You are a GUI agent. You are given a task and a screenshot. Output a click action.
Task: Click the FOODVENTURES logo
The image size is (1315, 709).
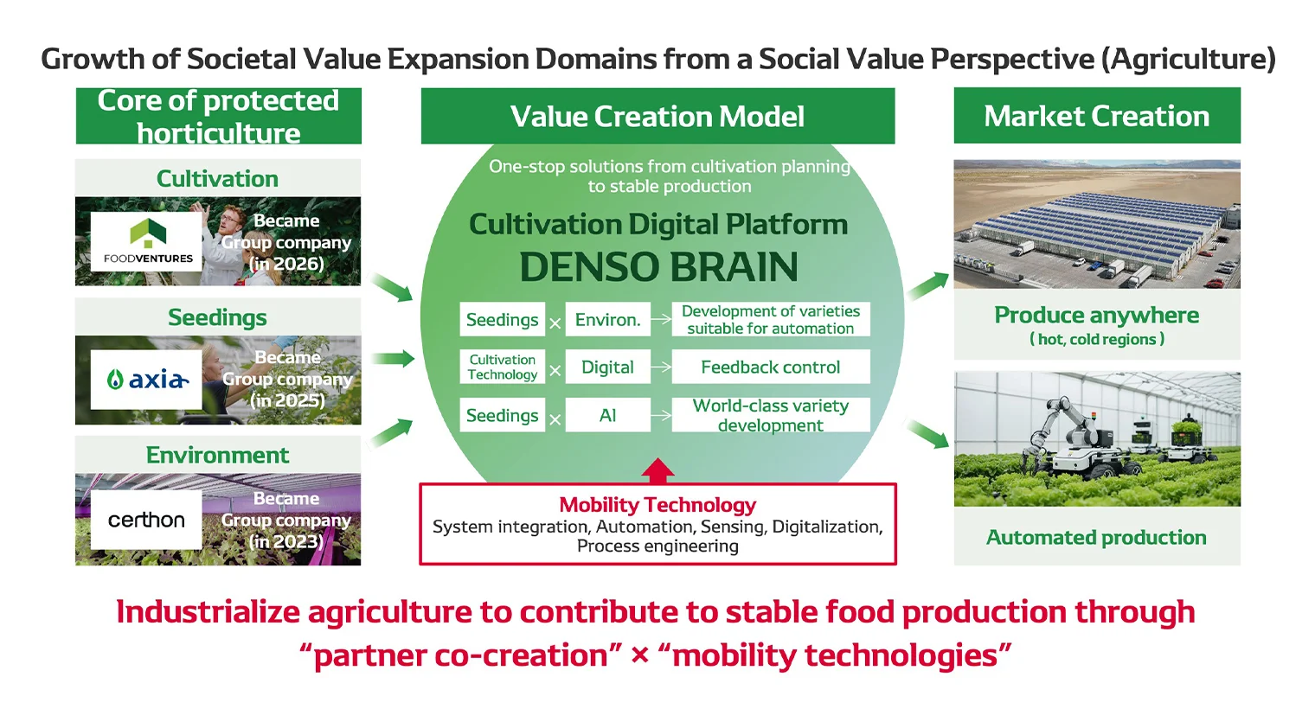[147, 242]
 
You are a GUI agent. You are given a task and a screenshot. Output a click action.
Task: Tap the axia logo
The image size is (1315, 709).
[146, 380]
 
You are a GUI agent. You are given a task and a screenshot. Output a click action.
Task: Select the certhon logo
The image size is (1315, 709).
[146, 520]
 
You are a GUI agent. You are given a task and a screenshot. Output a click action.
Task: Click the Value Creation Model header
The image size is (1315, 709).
[657, 116]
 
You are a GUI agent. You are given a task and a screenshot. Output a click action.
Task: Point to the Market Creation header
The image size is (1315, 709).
[1096, 116]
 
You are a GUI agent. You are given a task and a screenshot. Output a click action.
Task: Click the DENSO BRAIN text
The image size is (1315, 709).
[658, 267]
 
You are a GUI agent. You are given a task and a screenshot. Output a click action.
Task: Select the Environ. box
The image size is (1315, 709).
[607, 320]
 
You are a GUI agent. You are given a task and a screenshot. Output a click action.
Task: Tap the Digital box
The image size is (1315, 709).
[607, 367]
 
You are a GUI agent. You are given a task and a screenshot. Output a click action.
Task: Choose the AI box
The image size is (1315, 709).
[607, 416]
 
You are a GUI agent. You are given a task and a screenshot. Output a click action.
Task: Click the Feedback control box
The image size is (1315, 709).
[770, 367]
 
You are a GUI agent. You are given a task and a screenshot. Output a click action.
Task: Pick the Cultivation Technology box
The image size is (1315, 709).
[502, 367]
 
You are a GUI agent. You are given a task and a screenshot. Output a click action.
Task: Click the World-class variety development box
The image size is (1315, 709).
[770, 416]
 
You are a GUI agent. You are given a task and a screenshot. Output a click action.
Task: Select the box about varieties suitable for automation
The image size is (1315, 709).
[770, 320]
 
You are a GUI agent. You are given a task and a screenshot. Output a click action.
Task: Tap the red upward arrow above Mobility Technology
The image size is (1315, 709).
[658, 470]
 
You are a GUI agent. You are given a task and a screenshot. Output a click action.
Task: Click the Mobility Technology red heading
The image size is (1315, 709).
[657, 505]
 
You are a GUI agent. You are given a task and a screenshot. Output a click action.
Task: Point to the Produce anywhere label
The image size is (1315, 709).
[1096, 316]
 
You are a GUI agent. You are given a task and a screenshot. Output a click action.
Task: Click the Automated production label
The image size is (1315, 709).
[1096, 538]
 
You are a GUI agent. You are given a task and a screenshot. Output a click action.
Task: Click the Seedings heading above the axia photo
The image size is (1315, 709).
[217, 317]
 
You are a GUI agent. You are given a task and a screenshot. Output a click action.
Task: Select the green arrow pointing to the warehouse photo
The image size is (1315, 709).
[928, 284]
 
